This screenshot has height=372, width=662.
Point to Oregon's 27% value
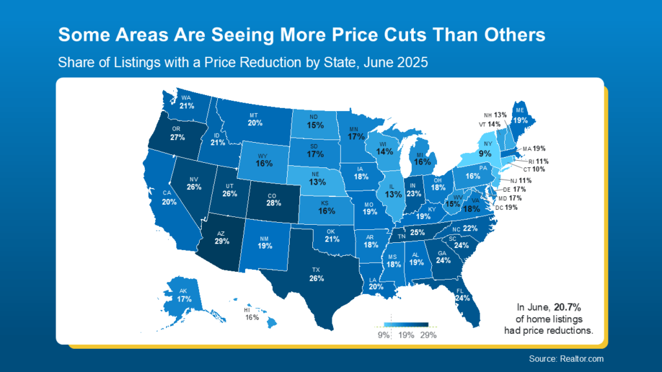(x=177, y=138)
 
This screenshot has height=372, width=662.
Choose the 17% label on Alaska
(x=184, y=299)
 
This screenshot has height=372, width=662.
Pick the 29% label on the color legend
(x=428, y=335)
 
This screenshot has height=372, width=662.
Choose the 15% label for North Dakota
(x=315, y=125)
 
